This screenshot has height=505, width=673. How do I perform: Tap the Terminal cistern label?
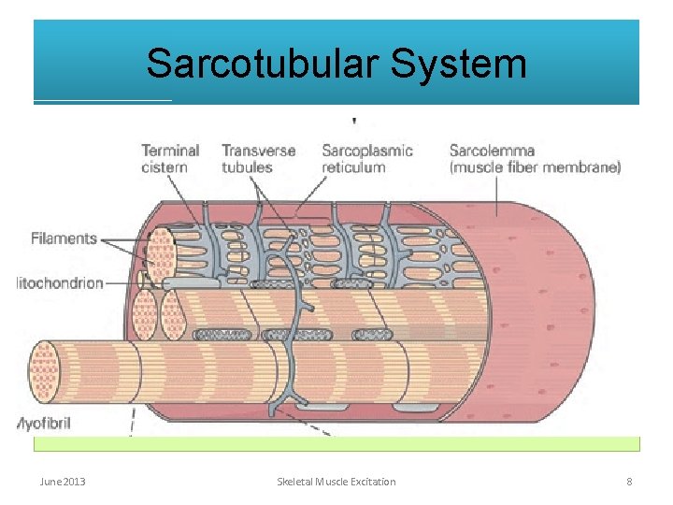(170, 159)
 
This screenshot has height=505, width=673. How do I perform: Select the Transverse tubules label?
(259, 159)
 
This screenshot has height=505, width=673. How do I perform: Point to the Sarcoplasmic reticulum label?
(366, 159)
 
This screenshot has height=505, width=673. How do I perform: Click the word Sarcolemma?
(492, 151)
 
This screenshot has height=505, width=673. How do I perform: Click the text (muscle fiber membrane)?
(535, 168)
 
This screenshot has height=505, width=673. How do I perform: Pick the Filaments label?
(64, 238)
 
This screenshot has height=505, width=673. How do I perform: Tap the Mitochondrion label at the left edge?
(60, 282)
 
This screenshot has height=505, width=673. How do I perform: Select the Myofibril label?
(44, 423)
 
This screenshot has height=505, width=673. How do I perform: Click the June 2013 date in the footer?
(63, 482)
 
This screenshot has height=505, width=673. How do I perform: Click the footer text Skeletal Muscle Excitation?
(336, 482)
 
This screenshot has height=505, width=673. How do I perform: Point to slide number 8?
(629, 482)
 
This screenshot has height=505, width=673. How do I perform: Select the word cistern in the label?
(165, 168)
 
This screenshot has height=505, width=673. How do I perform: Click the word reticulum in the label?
(353, 168)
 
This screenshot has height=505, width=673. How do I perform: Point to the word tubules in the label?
(247, 168)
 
